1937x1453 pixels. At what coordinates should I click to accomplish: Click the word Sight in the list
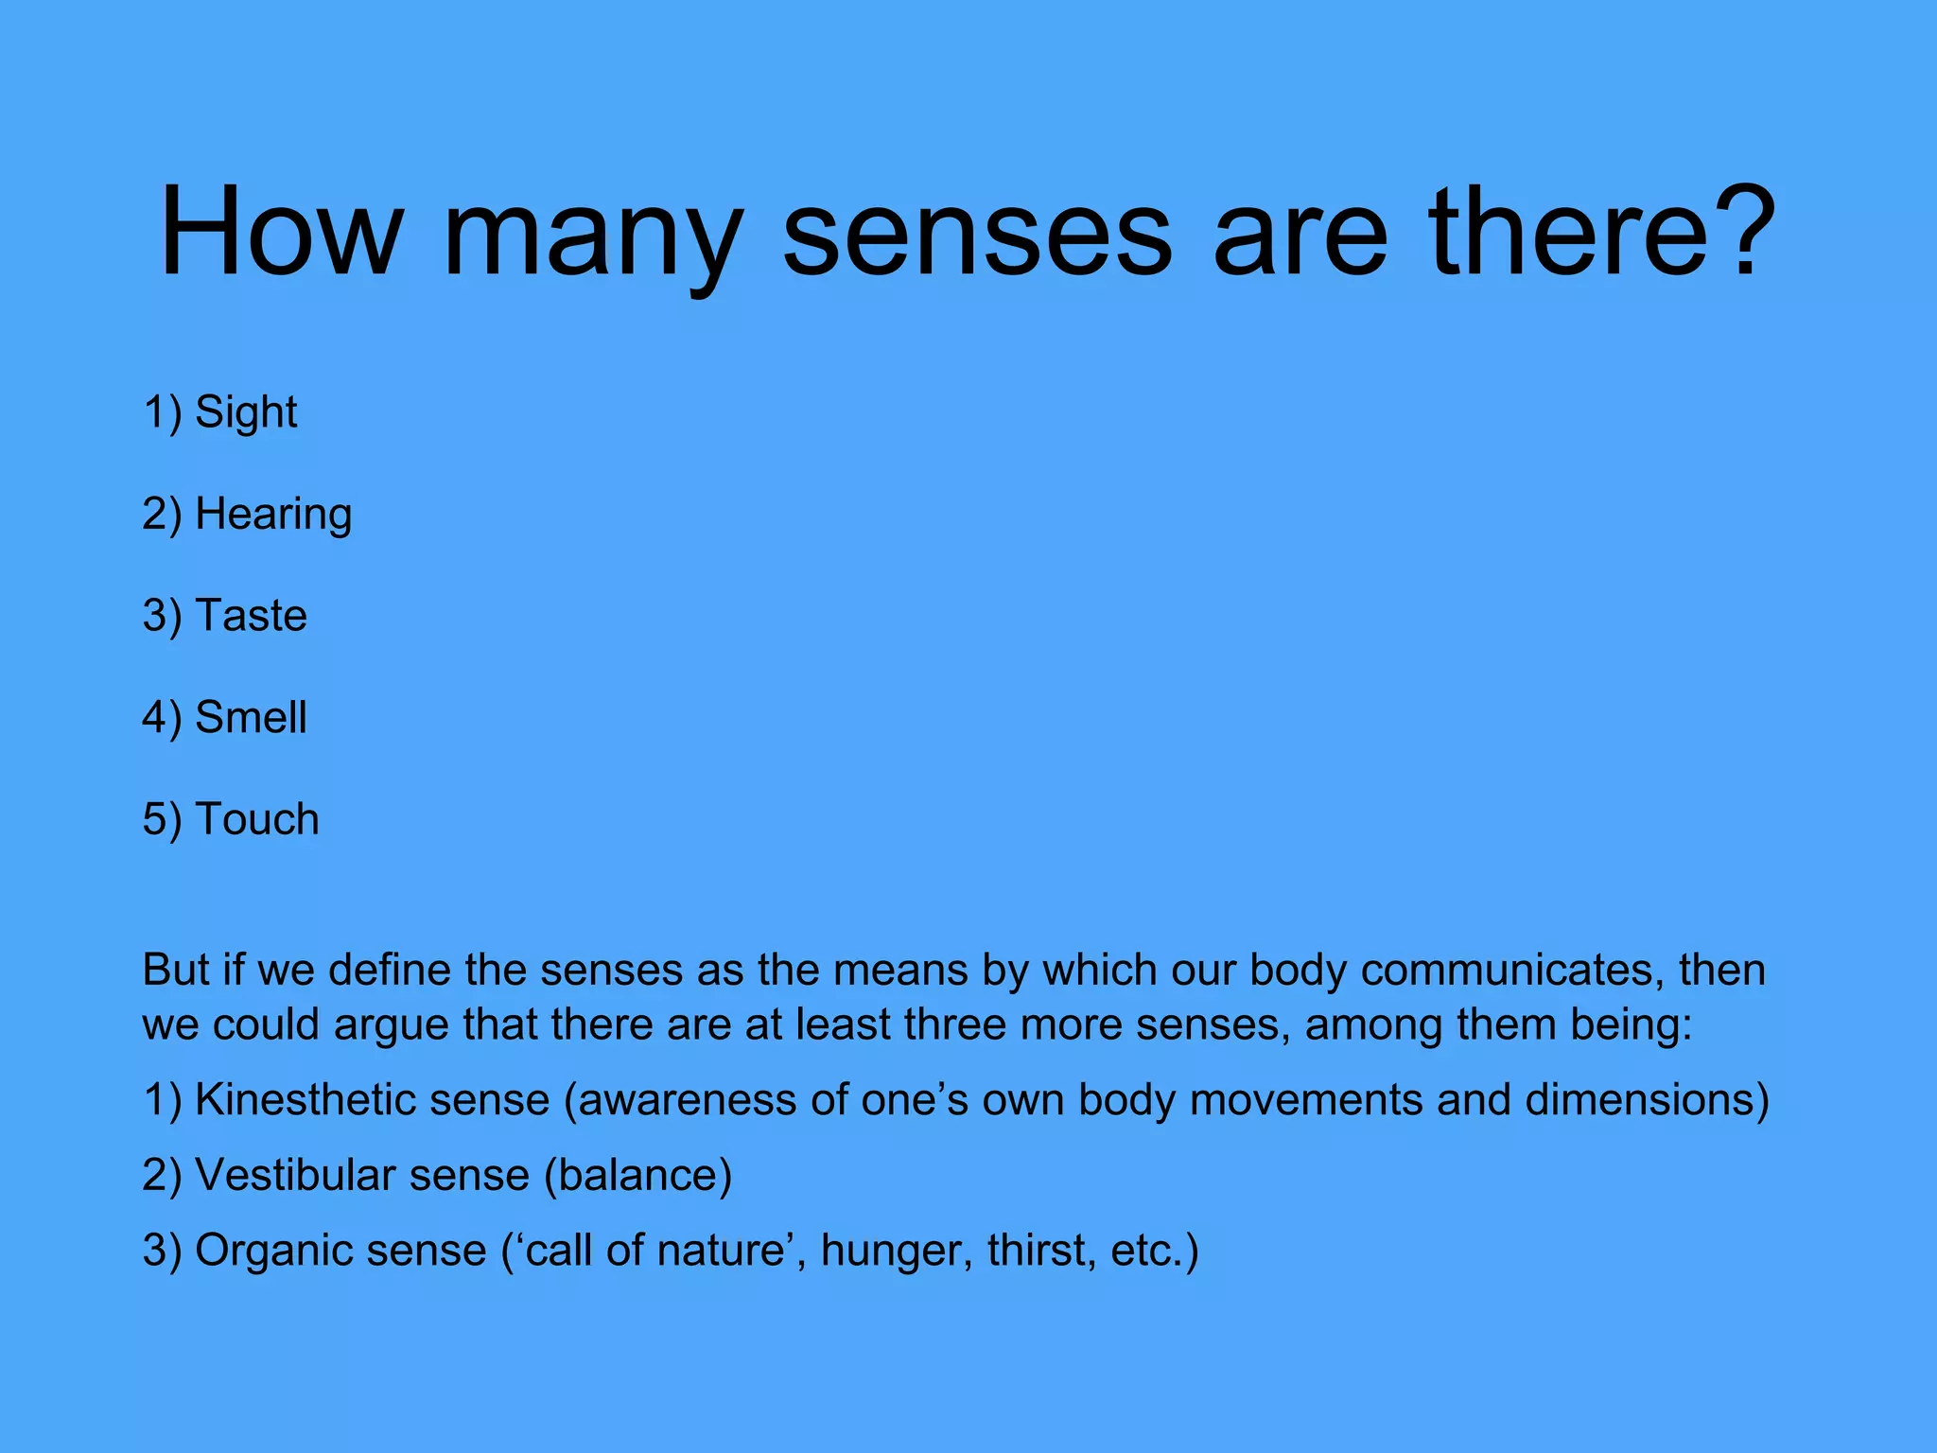tap(246, 412)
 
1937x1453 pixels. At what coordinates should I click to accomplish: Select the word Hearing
tap(273, 515)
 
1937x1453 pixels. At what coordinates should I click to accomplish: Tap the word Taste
tap(251, 616)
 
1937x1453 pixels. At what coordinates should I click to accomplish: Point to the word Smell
tap(251, 717)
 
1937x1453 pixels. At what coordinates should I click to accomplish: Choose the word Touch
tap(256, 819)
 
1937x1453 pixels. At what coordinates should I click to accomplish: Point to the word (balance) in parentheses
tap(637, 1176)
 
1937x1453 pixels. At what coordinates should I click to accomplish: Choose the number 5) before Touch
tap(162, 819)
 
